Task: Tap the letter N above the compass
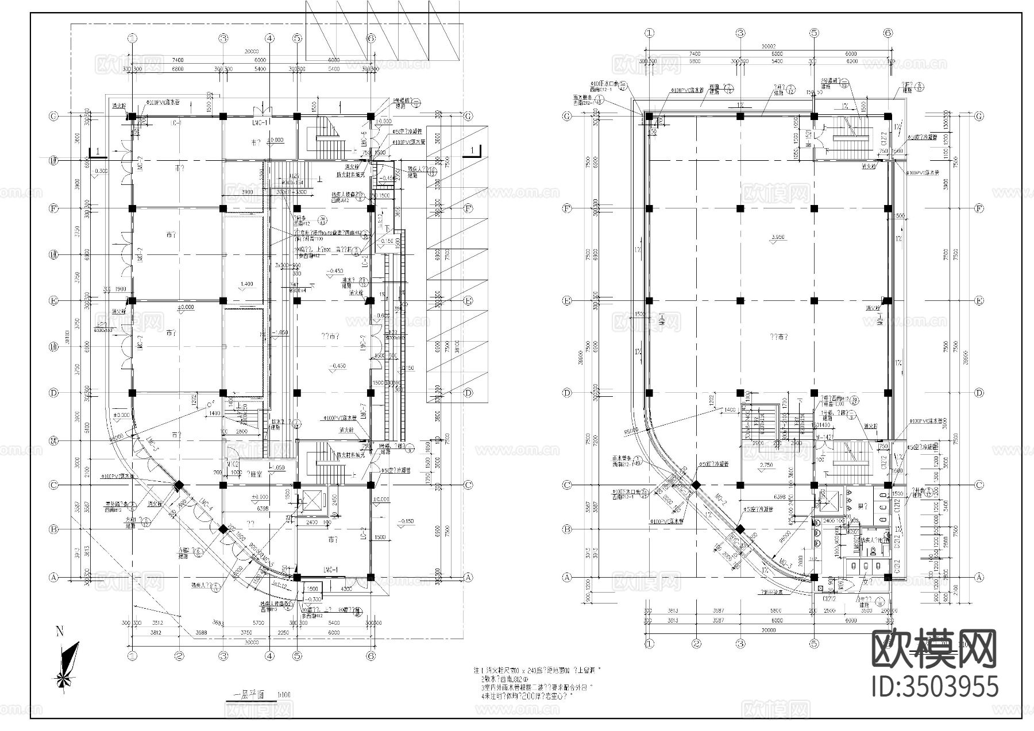click(x=59, y=632)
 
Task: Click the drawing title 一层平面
click(x=249, y=694)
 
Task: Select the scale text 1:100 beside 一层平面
click(x=284, y=695)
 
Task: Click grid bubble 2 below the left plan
click(x=179, y=655)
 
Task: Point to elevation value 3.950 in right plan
click(x=779, y=237)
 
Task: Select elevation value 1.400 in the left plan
click(x=246, y=284)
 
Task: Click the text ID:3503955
click(x=935, y=687)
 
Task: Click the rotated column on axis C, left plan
click(x=179, y=486)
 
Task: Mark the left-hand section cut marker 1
click(x=98, y=151)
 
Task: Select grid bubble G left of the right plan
click(x=567, y=116)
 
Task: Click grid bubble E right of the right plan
click(x=979, y=300)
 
